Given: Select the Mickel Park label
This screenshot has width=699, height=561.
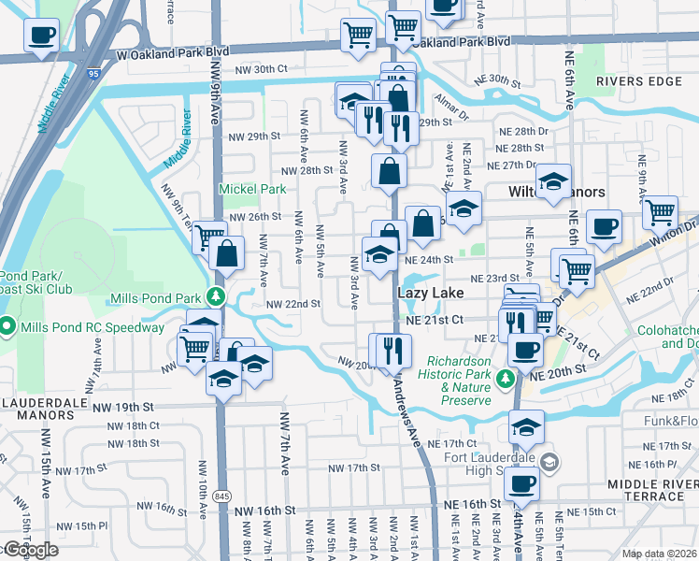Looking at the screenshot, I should click(251, 189).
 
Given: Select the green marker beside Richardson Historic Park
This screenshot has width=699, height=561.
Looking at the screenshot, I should click(505, 379).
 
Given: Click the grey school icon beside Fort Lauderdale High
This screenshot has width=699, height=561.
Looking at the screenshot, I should click(550, 462).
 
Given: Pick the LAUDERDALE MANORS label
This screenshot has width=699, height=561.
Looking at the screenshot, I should click(44, 401).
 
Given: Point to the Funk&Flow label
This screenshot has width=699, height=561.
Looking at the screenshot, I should click(671, 421).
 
